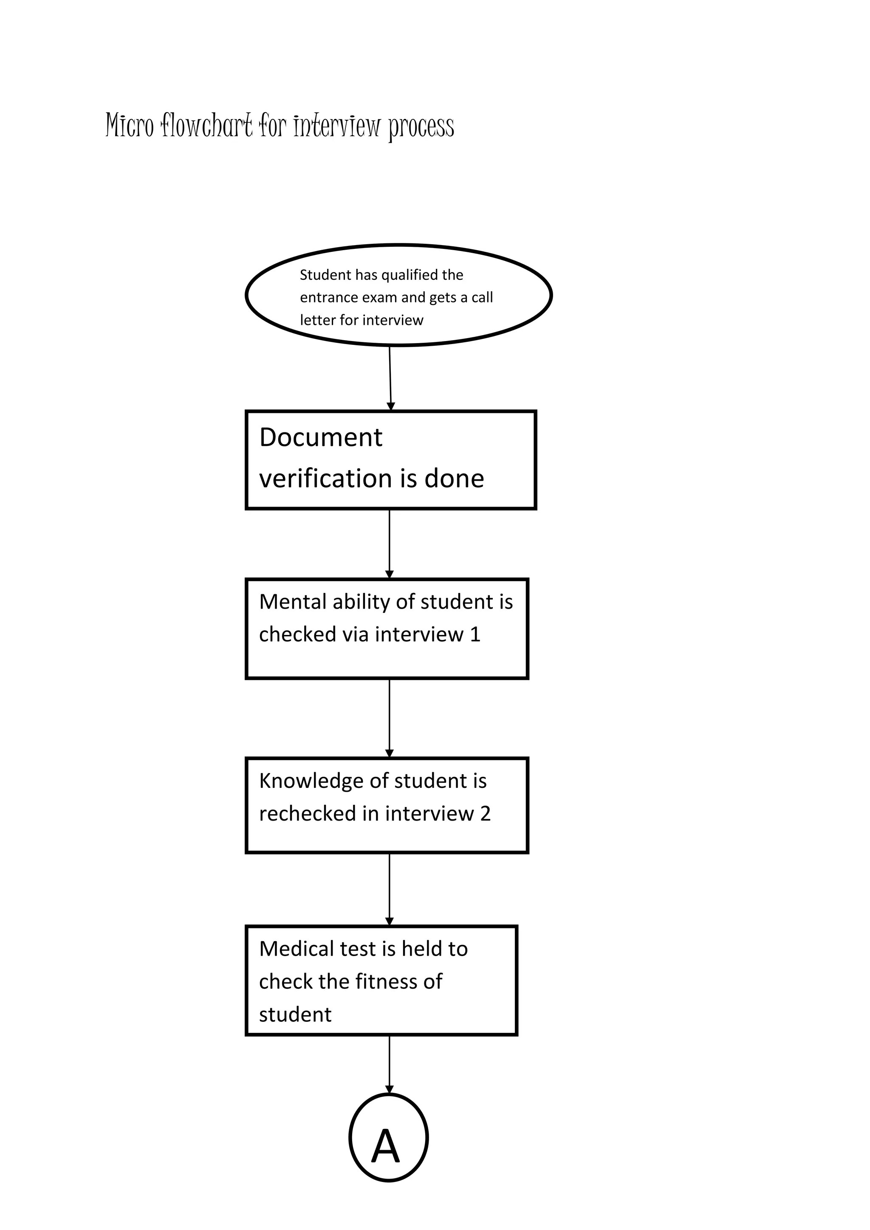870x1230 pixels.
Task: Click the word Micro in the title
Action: click(129, 125)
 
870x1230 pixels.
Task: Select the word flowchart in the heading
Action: click(206, 125)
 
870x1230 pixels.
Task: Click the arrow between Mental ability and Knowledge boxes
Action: click(390, 718)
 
